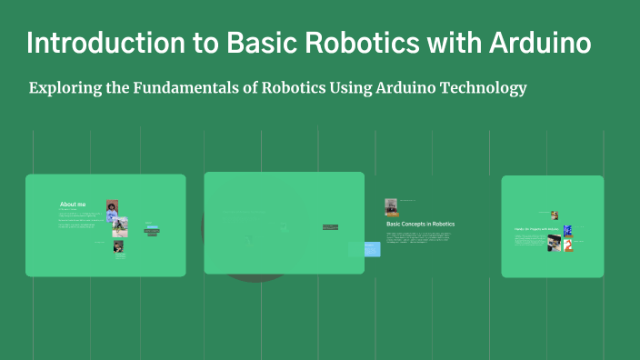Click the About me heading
(73, 205)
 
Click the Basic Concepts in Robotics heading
(420, 224)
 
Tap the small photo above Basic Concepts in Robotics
(391, 206)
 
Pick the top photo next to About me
(112, 205)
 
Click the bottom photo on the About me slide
(118, 246)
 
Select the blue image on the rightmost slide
(567, 230)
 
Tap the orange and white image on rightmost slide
(568, 245)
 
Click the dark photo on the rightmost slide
(554, 243)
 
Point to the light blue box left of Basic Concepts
(371, 248)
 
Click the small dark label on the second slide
(329, 227)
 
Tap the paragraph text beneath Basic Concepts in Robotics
(418, 237)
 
